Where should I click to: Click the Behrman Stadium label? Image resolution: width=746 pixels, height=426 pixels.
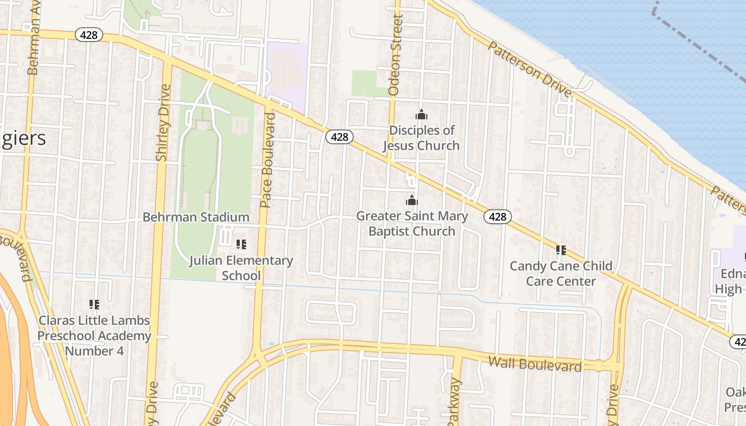point(196,217)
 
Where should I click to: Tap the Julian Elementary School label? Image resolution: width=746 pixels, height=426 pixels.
point(241,268)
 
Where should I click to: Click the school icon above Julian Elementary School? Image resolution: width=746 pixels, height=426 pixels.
point(241,244)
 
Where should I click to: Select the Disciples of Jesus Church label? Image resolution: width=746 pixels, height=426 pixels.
point(421,138)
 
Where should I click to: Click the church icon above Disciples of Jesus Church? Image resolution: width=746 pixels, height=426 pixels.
point(421,114)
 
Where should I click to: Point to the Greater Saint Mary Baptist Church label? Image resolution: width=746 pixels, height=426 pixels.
point(412,224)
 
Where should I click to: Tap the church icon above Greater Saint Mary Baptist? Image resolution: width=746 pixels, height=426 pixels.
point(411,200)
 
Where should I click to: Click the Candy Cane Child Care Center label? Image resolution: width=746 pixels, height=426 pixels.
point(561,273)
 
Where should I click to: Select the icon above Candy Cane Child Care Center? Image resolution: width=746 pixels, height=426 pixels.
point(561,250)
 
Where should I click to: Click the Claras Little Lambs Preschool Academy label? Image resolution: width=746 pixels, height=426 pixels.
point(94,335)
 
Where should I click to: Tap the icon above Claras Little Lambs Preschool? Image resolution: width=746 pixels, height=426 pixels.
point(94,305)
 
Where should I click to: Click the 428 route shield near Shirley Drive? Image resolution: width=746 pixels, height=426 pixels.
point(88,35)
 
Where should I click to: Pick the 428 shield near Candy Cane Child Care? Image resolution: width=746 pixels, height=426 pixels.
point(498,216)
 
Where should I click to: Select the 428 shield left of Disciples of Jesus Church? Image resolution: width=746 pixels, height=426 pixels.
point(339,137)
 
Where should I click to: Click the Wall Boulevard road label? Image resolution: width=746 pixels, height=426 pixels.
point(535,365)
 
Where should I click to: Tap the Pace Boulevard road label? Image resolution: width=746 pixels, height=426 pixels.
point(267,160)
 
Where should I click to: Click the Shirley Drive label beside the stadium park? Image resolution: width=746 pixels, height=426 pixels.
point(163,122)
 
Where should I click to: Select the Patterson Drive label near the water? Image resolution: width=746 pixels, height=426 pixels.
point(530,69)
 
